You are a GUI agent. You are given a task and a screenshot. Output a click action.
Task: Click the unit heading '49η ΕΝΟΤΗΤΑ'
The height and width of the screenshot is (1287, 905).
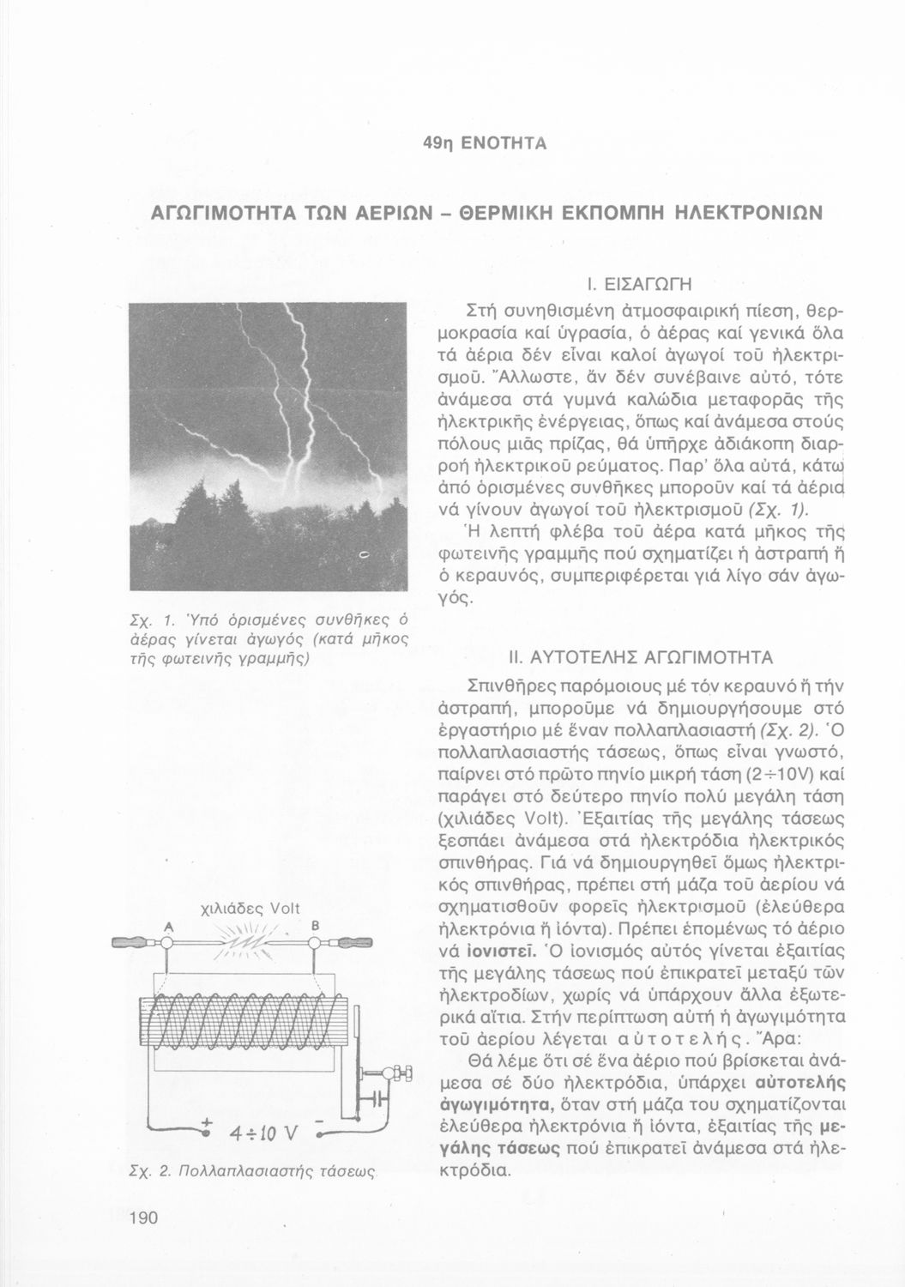pos(485,143)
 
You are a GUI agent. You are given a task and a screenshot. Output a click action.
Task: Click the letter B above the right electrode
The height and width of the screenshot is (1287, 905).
pos(315,926)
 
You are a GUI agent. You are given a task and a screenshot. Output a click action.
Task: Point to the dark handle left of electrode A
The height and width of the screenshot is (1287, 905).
pos(131,945)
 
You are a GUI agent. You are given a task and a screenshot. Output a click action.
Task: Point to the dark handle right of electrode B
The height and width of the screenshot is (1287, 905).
pos(353,945)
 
